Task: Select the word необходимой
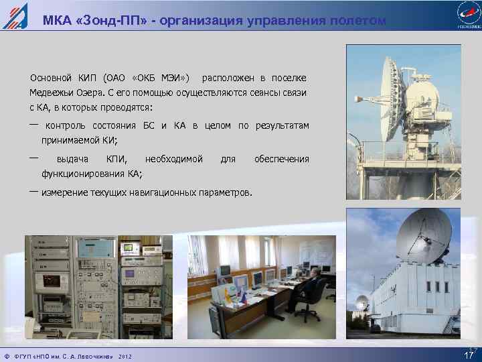pyautogui.click(x=173, y=159)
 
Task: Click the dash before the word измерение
pyautogui.click(x=33, y=192)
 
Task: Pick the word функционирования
pyautogui.click(x=82, y=174)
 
